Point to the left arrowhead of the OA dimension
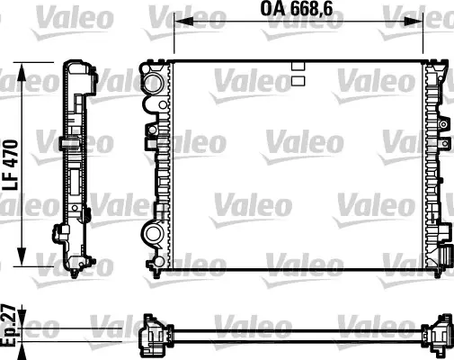(x=178, y=21)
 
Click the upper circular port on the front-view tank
(x=152, y=84)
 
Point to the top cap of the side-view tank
(x=78, y=68)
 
